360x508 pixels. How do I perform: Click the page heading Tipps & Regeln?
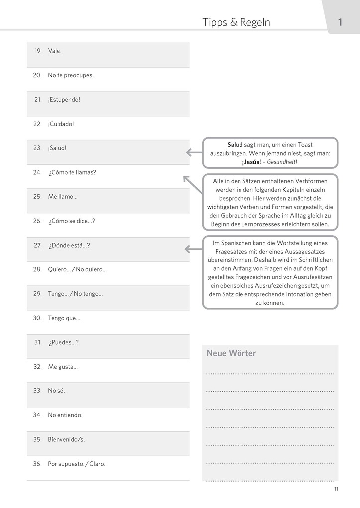point(236,22)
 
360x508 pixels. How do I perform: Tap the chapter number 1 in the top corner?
point(340,22)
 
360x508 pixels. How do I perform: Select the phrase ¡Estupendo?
point(64,100)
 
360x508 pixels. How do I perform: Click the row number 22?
point(37,124)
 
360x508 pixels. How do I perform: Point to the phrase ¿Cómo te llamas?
point(72,172)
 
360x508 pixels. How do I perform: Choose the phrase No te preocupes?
point(71,75)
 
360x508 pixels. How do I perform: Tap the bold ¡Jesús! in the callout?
point(251,162)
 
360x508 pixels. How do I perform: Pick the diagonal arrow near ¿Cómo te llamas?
point(192,184)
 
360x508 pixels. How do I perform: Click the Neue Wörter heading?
point(231,353)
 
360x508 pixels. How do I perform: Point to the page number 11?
point(336,489)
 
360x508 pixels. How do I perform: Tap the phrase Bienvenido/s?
point(66,440)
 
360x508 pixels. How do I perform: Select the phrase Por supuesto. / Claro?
point(76,464)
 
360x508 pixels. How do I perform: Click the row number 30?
point(37,318)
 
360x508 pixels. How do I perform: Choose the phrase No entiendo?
point(65,415)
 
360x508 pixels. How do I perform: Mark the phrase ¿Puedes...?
point(63,342)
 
